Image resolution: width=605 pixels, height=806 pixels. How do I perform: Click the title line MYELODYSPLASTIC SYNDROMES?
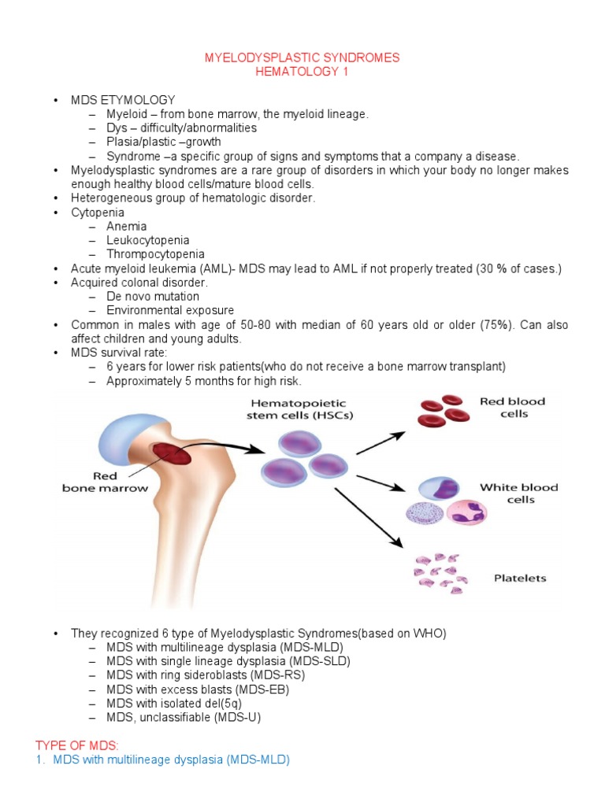(302, 57)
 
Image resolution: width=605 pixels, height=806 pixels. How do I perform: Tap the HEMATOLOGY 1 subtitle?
(302, 72)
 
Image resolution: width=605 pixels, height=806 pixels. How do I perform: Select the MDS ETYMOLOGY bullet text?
(123, 100)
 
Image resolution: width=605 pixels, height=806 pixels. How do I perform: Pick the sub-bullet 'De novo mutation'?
(153, 297)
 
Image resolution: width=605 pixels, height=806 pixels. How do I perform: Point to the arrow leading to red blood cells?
(381, 443)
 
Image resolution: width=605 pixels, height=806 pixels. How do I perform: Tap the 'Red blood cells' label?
(512, 407)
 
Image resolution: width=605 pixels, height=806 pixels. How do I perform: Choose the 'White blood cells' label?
(518, 494)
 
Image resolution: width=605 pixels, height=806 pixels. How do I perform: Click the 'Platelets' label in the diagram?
(520, 579)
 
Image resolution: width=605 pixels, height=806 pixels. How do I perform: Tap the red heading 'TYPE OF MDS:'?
(76, 745)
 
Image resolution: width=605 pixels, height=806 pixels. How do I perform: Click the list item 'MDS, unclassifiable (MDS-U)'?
(184, 717)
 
